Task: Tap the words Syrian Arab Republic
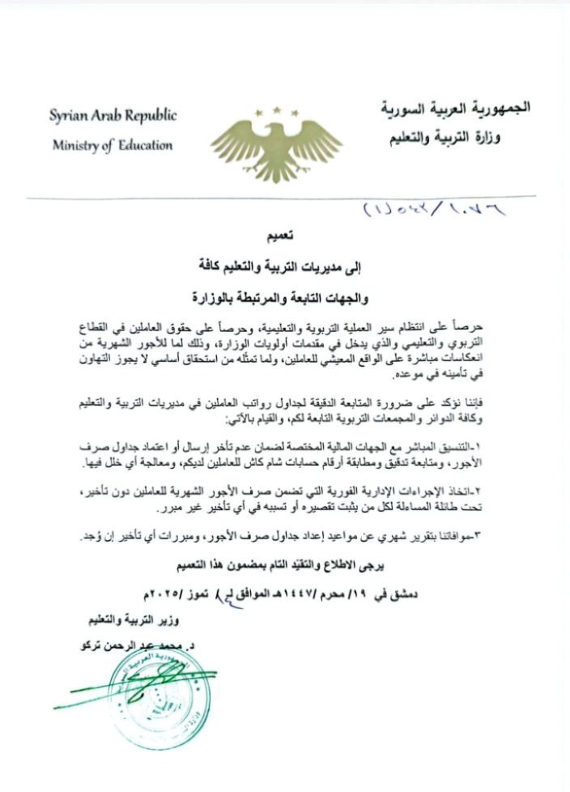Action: (113, 116)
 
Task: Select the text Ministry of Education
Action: (113, 146)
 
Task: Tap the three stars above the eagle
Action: (277, 110)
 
